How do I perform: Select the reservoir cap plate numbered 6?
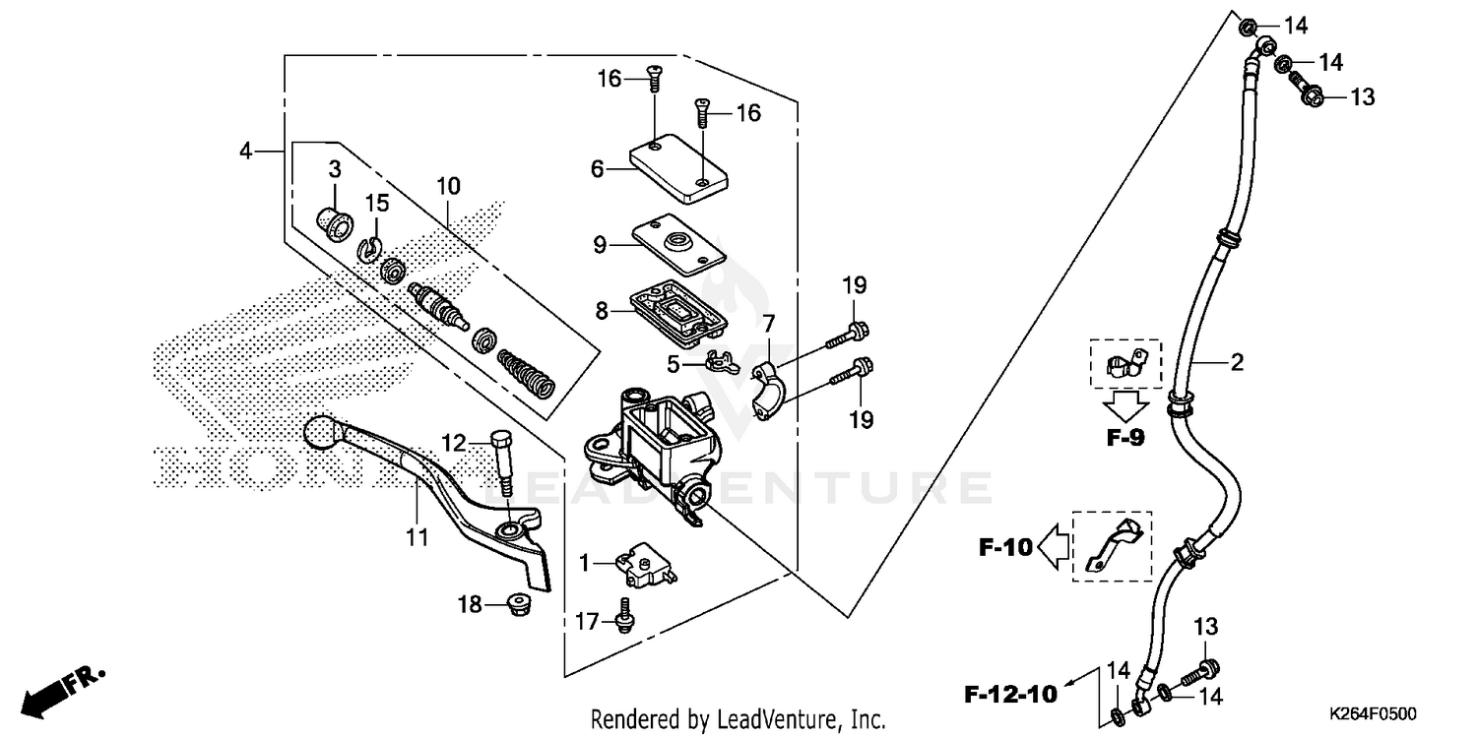(679, 169)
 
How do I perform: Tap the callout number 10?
(448, 186)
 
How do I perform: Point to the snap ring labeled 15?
(370, 250)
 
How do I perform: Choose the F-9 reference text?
(1124, 439)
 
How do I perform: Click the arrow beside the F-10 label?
(1054, 546)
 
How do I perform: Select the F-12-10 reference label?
(1010, 694)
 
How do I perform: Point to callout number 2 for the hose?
(1237, 363)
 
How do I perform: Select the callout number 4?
(245, 151)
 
